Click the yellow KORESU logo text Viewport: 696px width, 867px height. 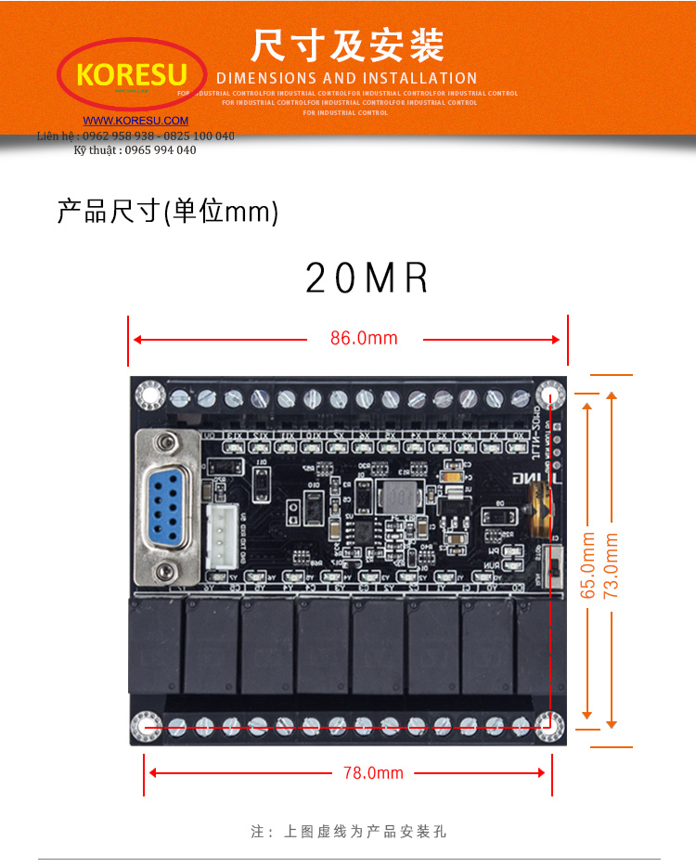tap(132, 74)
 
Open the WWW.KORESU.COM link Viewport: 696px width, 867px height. tap(135, 121)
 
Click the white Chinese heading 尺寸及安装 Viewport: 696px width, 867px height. tap(347, 45)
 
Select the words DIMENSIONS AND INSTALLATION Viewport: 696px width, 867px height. tap(346, 78)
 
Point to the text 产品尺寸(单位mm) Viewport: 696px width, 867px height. tap(167, 212)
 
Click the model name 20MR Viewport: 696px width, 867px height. tap(367, 278)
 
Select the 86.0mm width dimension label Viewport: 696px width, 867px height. tap(364, 339)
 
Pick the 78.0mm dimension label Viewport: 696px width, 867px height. tap(373, 772)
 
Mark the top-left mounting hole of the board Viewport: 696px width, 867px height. tap(148, 395)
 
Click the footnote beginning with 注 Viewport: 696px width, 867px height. tap(348, 832)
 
